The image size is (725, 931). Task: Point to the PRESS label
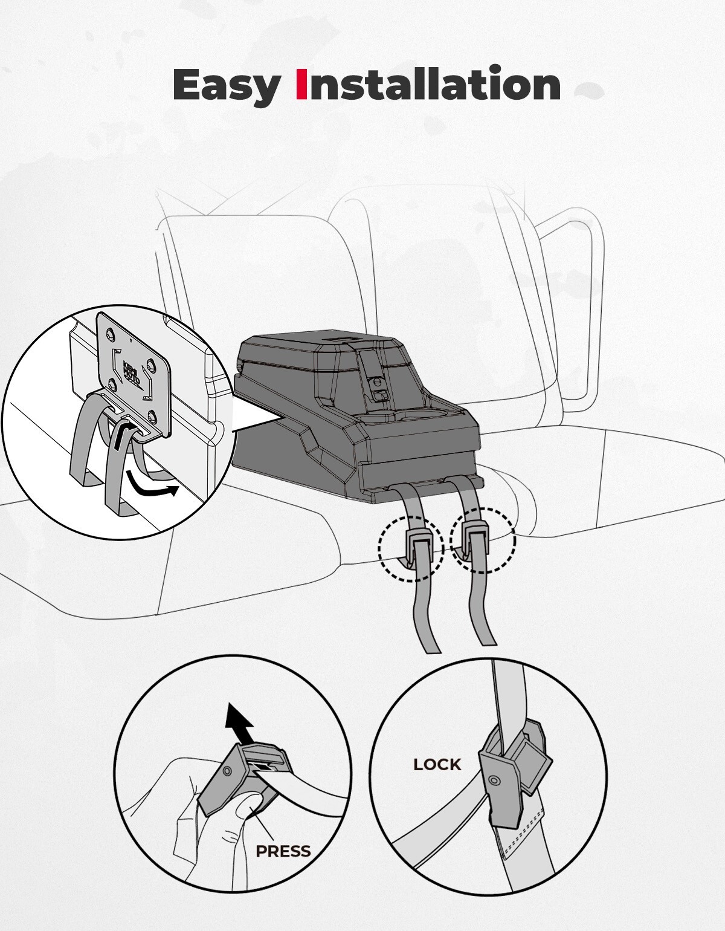[283, 851]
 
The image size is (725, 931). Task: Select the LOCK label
[437, 764]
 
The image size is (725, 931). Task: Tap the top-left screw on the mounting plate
[110, 334]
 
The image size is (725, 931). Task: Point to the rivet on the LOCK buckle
[494, 779]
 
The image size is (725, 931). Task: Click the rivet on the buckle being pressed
[227, 769]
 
